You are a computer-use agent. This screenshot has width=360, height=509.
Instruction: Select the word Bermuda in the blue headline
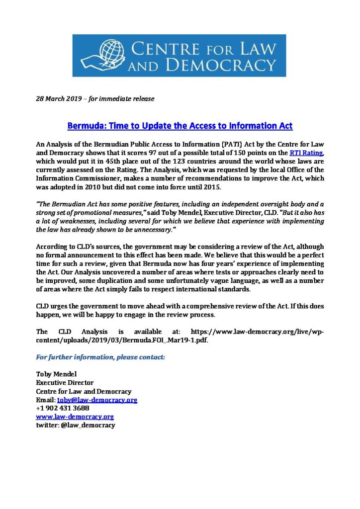(86, 126)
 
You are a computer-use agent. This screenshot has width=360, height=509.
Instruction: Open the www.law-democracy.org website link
(75, 417)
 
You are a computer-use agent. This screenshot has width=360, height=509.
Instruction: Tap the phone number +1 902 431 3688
(63, 408)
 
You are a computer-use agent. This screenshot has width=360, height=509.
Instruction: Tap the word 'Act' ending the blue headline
(285, 126)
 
